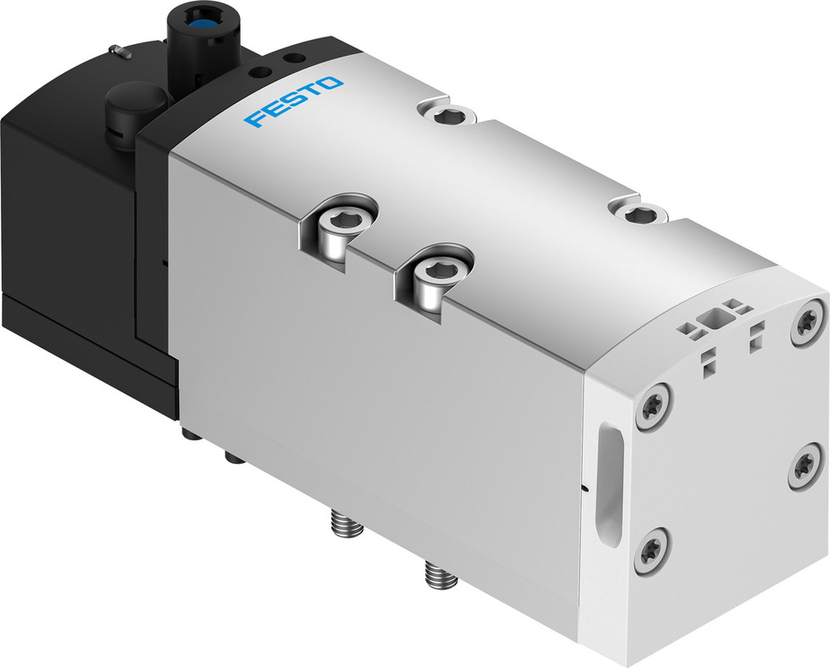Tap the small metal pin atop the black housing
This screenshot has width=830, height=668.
[x=120, y=52]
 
